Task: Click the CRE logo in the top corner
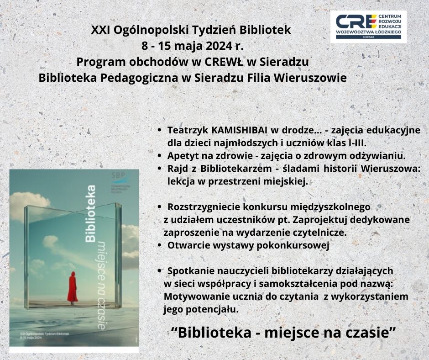click(368, 27)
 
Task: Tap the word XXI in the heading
click(100, 31)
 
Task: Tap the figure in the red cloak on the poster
click(72, 286)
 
